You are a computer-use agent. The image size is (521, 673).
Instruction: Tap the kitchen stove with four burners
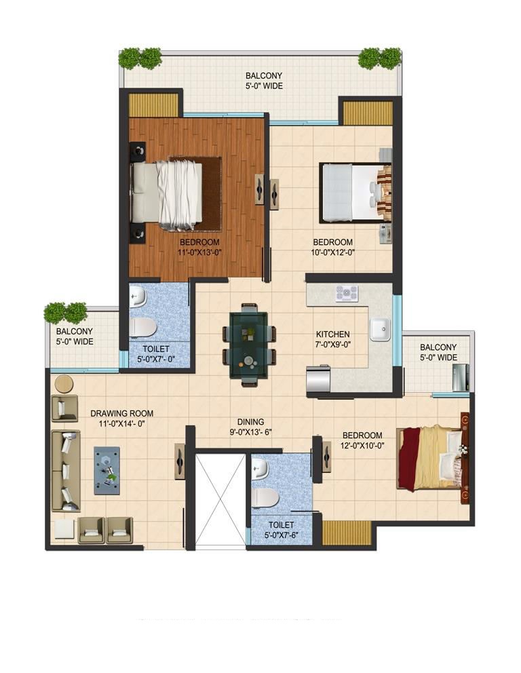pyautogui.click(x=347, y=293)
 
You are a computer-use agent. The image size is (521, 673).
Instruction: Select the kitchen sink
pyautogui.click(x=379, y=329)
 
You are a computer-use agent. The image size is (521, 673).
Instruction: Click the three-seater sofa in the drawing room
pyautogui.click(x=66, y=470)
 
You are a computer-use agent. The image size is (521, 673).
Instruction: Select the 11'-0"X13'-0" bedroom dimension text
pyautogui.click(x=199, y=253)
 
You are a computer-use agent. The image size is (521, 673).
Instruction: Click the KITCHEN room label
pyautogui.click(x=332, y=334)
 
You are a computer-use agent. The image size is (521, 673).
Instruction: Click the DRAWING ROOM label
pyautogui.click(x=121, y=413)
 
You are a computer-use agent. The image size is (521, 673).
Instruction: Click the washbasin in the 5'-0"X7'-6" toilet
pyautogui.click(x=260, y=468)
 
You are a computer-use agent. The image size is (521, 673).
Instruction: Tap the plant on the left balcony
pyautogui.click(x=66, y=312)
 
